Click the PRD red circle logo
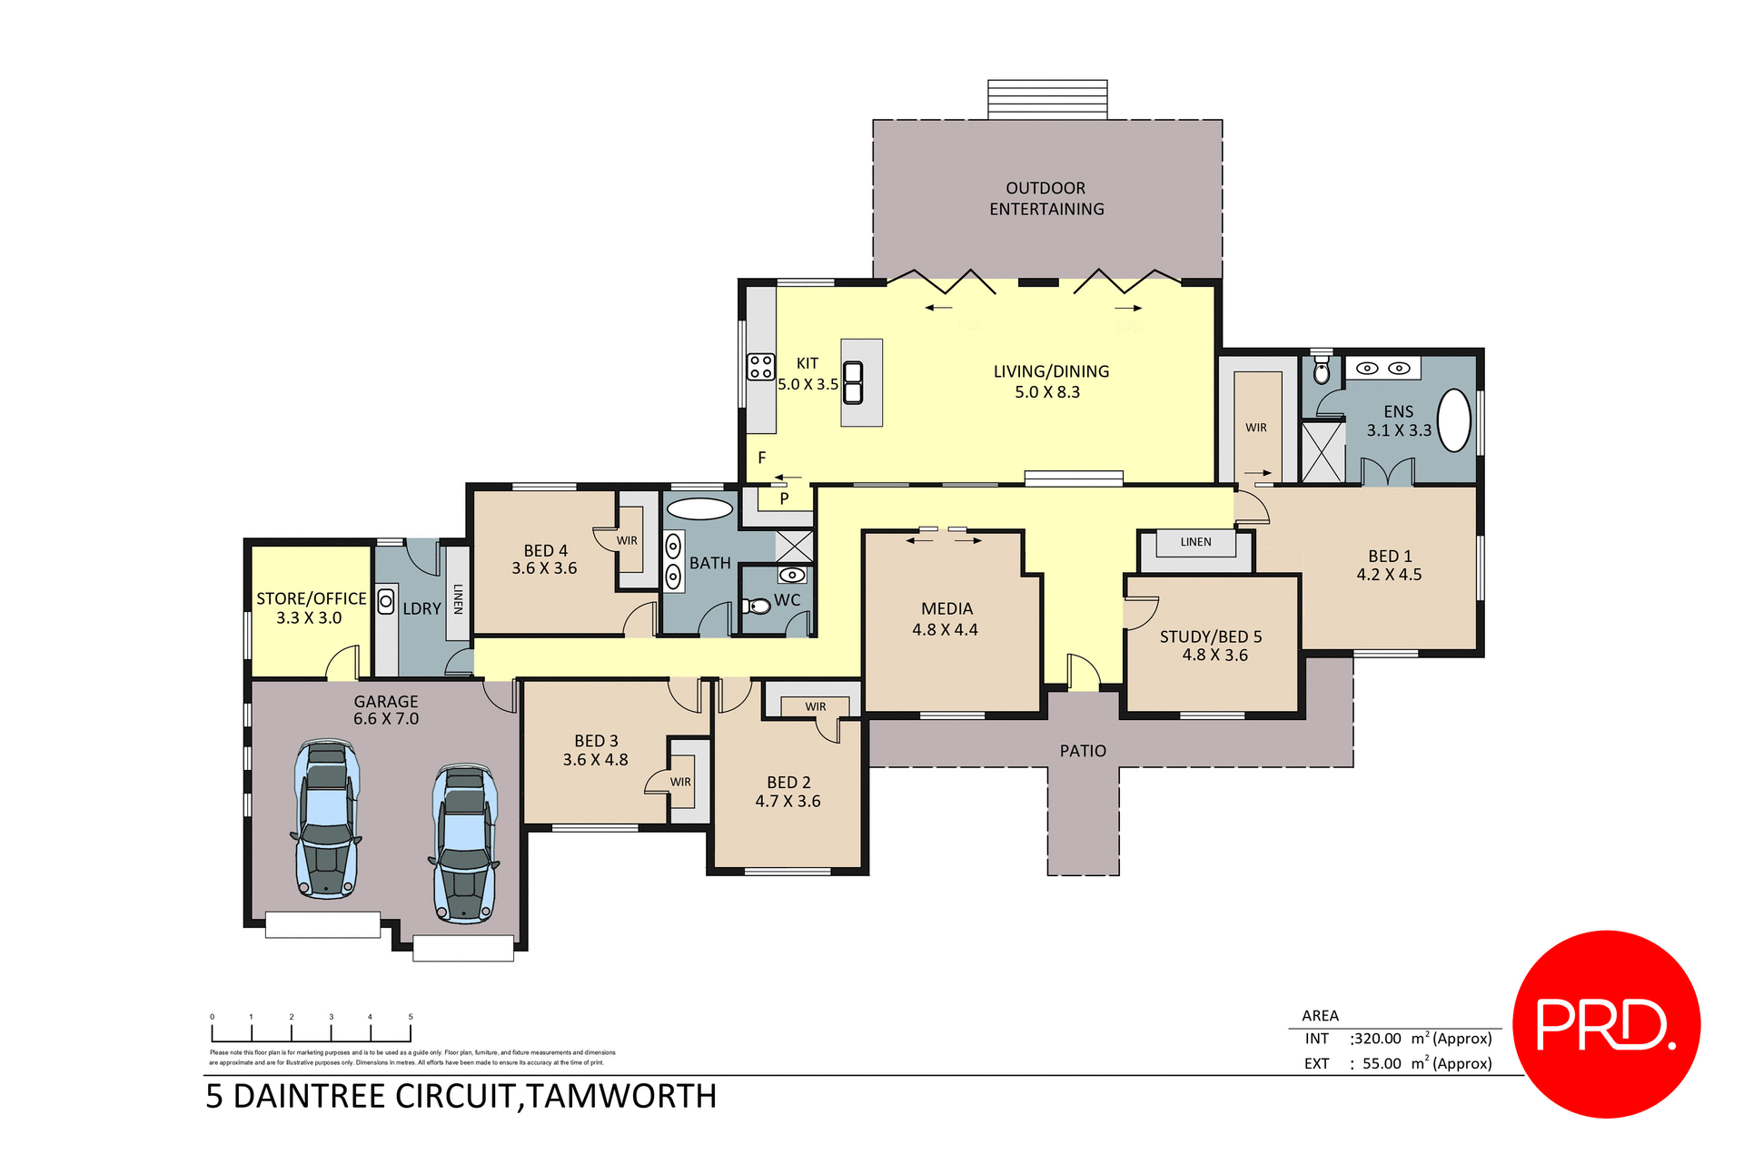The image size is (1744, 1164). pos(1606,1024)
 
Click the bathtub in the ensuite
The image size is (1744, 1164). pos(1454,420)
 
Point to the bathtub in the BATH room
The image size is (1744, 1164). pos(699,508)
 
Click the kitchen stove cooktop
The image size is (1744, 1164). pos(761,367)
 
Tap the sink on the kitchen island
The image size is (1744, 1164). pos(853,382)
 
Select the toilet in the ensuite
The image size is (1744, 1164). pos(1322,370)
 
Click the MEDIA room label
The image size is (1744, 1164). pos(946,609)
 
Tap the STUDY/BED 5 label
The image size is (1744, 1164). pos(1210,636)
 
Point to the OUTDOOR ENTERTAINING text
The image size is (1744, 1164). pos(1046,199)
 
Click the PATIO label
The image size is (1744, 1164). pos(1083,751)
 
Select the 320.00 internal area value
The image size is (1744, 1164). pos(1377,1039)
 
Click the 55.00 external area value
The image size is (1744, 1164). pos(1382,1063)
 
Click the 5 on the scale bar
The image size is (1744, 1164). pos(411,1017)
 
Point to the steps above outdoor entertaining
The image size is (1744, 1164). pos(1047,99)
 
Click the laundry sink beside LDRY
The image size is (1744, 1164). pos(386,601)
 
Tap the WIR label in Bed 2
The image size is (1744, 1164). pos(815,706)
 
